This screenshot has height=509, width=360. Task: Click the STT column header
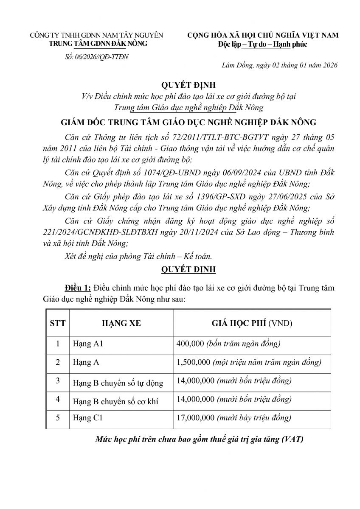coord(58,323)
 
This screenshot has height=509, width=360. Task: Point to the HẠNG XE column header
coord(121,323)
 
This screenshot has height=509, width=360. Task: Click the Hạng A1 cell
coord(88,344)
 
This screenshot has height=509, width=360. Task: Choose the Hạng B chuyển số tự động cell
coord(118,383)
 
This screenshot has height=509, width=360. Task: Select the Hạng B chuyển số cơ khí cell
coord(115,401)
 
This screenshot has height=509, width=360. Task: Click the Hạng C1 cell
coord(88,418)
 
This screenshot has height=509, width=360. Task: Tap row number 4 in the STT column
coord(58,400)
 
